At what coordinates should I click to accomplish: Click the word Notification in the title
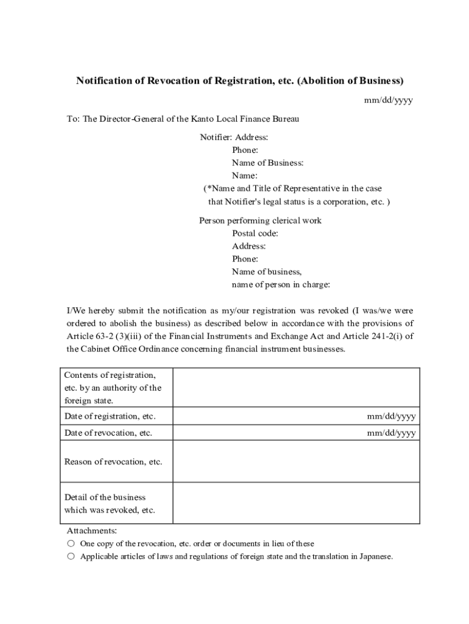point(104,80)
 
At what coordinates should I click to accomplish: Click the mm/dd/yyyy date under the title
point(388,101)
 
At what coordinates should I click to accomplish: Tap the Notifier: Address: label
point(234,138)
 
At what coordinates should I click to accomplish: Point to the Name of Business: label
point(267,163)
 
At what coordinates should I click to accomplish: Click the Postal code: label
point(255,233)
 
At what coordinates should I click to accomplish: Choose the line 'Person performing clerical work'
point(260,221)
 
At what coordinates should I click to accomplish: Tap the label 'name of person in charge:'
point(281,285)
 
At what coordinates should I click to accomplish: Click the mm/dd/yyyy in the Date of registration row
point(391,416)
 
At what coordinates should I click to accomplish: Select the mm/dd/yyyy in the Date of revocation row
point(391,433)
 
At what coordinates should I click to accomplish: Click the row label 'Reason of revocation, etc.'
point(113,461)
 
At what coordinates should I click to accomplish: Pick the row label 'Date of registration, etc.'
point(110,416)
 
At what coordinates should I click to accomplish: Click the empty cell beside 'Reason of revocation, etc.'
point(296,461)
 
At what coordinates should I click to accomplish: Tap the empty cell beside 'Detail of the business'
point(296,503)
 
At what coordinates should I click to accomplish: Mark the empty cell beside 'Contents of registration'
point(296,388)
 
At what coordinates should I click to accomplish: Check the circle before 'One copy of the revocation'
point(71,543)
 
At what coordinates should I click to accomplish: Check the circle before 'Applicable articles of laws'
point(71,556)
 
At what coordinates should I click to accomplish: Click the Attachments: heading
point(91,531)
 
